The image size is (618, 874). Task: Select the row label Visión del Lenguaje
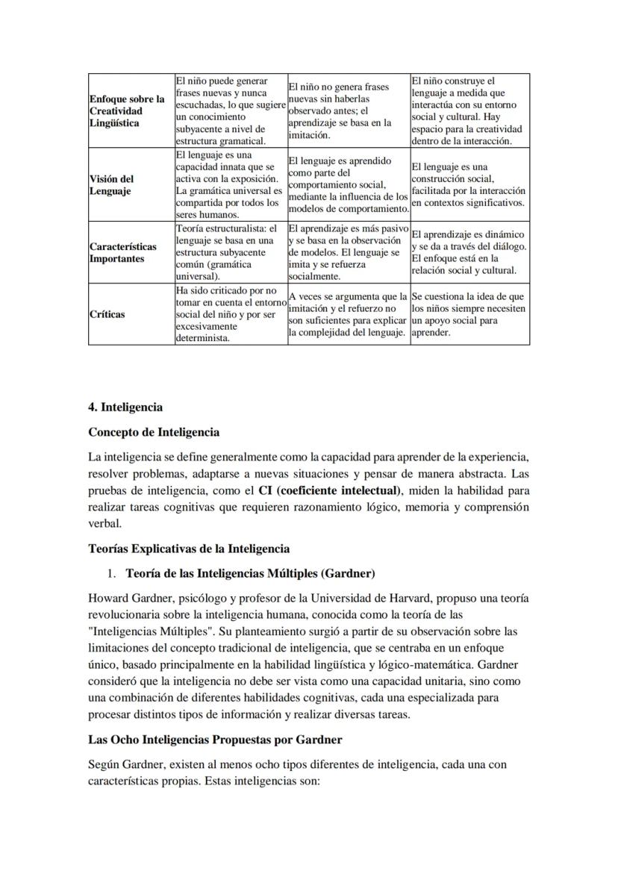[112, 185]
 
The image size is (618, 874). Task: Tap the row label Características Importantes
[123, 252]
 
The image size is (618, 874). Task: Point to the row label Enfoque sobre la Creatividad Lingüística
[126, 110]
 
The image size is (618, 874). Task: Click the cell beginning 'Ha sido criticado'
[230, 314]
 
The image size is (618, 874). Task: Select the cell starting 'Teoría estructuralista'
[230, 252]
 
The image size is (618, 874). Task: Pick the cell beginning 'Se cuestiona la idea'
[469, 314]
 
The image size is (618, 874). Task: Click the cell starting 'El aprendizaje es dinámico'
[469, 252]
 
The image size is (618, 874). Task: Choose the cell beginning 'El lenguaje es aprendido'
[348, 184]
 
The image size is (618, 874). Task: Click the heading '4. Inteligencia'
[125, 408]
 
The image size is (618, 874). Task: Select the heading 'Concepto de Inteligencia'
[154, 432]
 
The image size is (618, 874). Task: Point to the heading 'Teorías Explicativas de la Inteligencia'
[189, 549]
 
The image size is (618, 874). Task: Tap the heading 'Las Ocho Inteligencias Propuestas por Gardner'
[215, 740]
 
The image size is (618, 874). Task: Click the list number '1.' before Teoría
[113, 574]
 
